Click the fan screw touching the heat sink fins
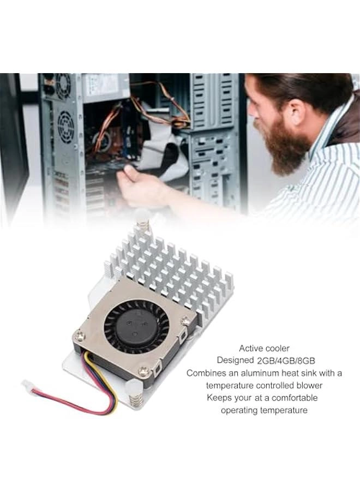point(185,321)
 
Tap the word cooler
point(278,348)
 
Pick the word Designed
point(235,361)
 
